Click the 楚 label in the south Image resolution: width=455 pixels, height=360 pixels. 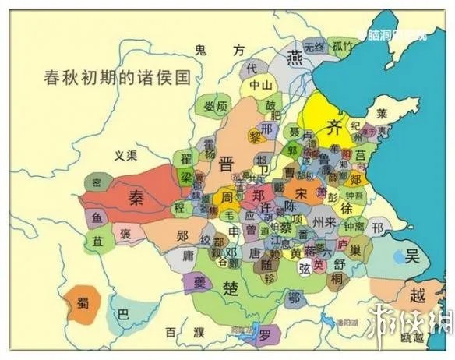tap(231, 289)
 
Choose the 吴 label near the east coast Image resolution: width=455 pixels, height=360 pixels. tap(413, 256)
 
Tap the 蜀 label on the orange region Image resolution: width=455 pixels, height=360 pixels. tap(82, 305)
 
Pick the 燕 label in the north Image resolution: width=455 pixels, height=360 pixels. tap(295, 55)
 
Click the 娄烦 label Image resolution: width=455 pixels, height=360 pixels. tap(215, 105)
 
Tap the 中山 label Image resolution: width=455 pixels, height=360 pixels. tap(259, 86)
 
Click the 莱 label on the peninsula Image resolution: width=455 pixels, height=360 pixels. tap(382, 113)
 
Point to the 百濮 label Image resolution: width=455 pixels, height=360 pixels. tap(182, 332)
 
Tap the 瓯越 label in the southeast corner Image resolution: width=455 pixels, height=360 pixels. tap(414, 337)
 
